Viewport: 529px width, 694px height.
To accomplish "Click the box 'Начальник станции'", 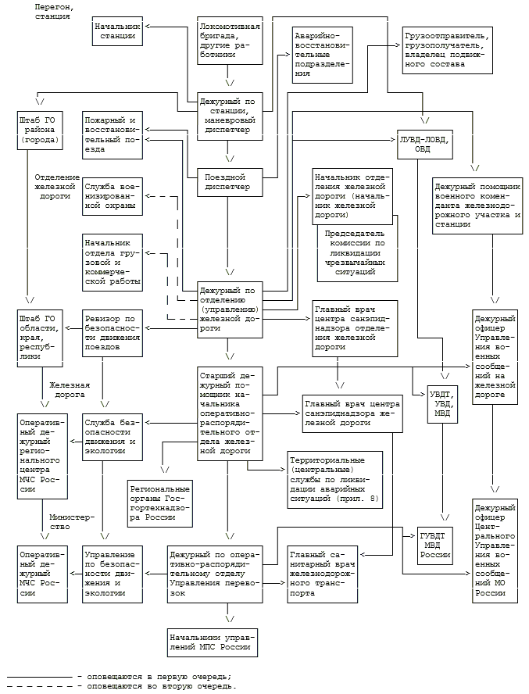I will click(x=116, y=30).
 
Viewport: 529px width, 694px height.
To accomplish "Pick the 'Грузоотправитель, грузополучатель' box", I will click(x=446, y=50).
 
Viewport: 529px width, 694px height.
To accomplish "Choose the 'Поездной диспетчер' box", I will click(x=230, y=181).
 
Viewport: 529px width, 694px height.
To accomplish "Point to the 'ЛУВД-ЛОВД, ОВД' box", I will click(x=423, y=144).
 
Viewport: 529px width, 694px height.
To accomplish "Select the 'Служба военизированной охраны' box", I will click(x=112, y=197).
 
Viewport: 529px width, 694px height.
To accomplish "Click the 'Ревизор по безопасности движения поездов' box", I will click(x=113, y=333).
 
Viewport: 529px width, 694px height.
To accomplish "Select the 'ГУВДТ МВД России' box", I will click(x=436, y=542).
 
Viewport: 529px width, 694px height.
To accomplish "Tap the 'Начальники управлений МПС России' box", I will click(x=213, y=642).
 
